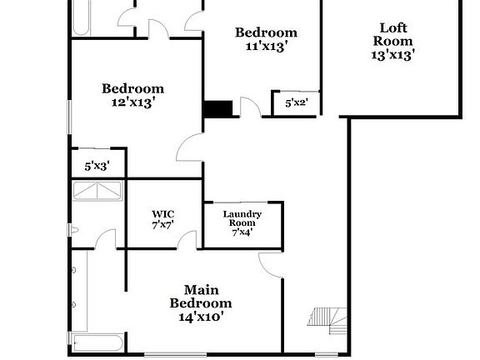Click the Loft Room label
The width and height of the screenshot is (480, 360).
tap(392, 34)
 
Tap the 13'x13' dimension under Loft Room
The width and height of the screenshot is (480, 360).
tap(392, 55)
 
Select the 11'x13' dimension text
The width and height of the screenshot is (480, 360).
tap(266, 47)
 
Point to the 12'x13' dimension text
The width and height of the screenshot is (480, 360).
tap(132, 102)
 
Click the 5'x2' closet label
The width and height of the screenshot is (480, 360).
tap(297, 104)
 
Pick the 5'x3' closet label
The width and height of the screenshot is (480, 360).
tap(97, 166)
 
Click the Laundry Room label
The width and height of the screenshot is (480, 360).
tap(242, 219)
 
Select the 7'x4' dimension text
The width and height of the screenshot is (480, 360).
tap(242, 232)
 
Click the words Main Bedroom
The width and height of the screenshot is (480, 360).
tap(201, 297)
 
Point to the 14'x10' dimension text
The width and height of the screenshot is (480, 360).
tap(201, 317)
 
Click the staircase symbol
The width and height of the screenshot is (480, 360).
tap(325, 317)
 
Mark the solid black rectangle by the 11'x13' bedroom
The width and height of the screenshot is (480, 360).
tap(218, 109)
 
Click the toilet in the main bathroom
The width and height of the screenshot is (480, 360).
tap(75, 231)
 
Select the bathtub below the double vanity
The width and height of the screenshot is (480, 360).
tap(97, 343)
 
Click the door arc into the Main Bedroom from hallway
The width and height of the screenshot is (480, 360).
tap(271, 265)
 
